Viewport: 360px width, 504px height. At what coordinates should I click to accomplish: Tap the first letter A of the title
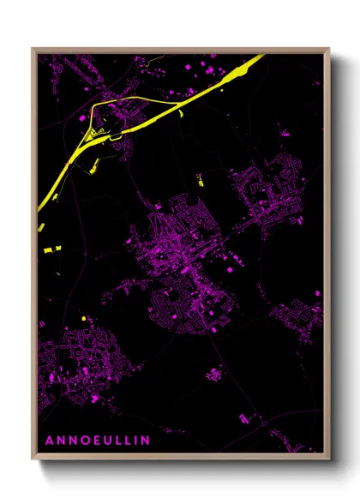[49, 440]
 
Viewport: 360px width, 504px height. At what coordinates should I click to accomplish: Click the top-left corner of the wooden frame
[33, 49]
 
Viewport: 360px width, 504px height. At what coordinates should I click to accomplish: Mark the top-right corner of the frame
[329, 49]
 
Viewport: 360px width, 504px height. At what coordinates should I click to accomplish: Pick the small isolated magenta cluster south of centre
[214, 373]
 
